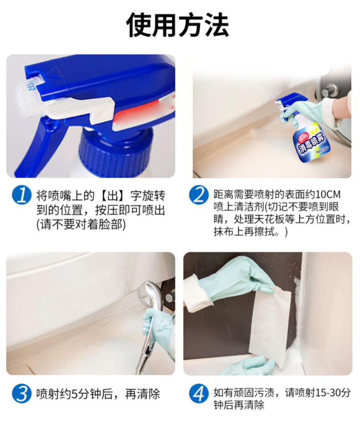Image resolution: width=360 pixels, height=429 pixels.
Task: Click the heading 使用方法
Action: (x=177, y=25)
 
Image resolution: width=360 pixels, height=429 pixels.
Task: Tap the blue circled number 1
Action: (x=21, y=195)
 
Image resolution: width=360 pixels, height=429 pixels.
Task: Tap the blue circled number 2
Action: (x=199, y=195)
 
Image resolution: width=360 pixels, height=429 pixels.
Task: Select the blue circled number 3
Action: (x=21, y=393)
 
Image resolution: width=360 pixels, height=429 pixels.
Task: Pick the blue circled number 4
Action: (x=199, y=393)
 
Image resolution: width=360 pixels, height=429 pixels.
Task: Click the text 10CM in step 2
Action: (x=328, y=195)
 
